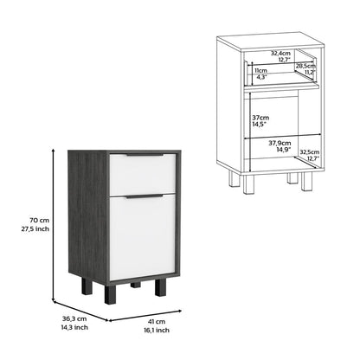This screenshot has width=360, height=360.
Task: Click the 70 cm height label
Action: click(x=40, y=220)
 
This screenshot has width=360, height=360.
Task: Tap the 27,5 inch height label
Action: click(x=35, y=229)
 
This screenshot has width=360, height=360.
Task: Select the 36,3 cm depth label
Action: click(x=74, y=318)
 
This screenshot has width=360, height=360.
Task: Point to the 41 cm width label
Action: click(x=157, y=321)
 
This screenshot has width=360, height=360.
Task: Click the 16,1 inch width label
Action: click(x=157, y=330)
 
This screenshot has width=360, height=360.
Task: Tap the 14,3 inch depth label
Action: click(x=74, y=327)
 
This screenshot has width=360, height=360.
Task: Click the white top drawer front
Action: click(x=143, y=174)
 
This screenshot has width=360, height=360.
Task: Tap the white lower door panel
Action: click(x=143, y=237)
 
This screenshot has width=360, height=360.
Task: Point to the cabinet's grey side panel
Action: click(x=88, y=214)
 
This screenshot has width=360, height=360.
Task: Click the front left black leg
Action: click(x=110, y=292)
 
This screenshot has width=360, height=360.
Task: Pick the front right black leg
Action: click(x=161, y=287)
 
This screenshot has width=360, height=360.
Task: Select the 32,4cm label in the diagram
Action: click(x=280, y=54)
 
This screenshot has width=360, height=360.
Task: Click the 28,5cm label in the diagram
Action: click(x=305, y=66)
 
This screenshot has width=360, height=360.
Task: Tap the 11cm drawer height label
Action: click(x=260, y=70)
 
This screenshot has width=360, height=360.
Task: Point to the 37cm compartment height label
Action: click(x=260, y=118)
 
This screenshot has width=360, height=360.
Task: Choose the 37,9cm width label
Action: click(x=280, y=143)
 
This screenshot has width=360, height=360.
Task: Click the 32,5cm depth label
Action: click(x=310, y=152)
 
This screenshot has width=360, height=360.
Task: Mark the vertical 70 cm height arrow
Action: click(x=54, y=225)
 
